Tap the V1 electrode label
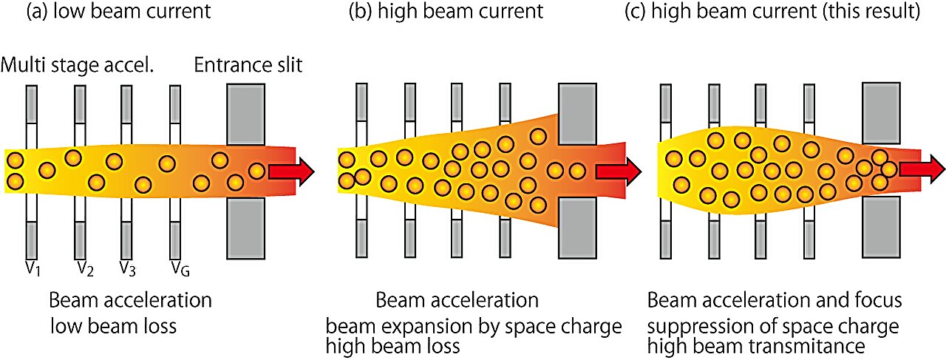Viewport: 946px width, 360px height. [31, 267]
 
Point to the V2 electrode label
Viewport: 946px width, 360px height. [84, 267]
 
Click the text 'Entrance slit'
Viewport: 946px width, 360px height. [248, 67]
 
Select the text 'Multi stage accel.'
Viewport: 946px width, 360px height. [77, 67]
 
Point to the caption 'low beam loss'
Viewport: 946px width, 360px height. [113, 326]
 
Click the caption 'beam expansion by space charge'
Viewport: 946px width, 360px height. [474, 326]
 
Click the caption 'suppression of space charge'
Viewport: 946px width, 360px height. [773, 326]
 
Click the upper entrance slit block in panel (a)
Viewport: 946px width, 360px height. [245, 114]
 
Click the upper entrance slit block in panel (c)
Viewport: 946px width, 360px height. [881, 112]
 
